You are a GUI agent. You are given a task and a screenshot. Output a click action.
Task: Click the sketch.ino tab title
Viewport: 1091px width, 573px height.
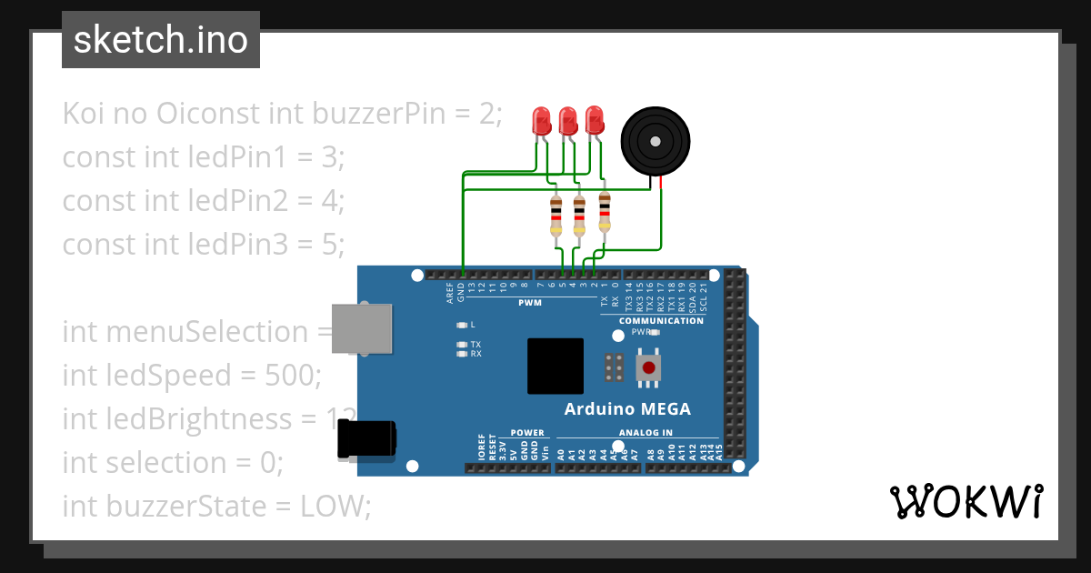click(x=161, y=40)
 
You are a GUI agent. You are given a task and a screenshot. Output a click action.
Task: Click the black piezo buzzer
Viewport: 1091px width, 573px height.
click(x=653, y=141)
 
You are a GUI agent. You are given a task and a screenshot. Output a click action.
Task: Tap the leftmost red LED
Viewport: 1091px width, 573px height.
click(x=541, y=121)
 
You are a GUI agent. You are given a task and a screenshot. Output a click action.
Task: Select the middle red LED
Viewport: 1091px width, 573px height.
click(x=567, y=121)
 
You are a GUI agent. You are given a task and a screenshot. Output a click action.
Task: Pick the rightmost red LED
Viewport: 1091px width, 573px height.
click(x=594, y=120)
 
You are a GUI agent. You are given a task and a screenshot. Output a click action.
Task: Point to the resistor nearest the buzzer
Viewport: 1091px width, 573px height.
click(x=604, y=210)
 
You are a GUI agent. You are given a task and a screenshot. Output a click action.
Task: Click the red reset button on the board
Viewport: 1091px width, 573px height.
click(x=649, y=367)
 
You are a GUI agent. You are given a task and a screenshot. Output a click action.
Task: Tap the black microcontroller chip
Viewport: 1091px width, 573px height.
click(x=555, y=366)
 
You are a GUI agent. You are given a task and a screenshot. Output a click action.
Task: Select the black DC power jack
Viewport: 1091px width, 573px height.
click(x=366, y=439)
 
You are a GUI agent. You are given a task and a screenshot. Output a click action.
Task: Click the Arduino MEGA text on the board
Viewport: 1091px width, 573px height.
click(x=627, y=409)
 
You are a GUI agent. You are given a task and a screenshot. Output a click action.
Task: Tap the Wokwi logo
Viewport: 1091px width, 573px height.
click(x=966, y=501)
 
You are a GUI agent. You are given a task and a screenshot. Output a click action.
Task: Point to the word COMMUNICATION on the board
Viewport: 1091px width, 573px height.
click(x=661, y=321)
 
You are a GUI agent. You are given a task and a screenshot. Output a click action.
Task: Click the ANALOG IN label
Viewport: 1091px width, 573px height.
click(x=646, y=433)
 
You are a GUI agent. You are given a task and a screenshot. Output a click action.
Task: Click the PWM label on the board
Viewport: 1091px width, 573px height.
click(x=530, y=303)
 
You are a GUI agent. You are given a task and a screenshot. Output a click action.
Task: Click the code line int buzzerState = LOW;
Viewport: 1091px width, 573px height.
click(x=216, y=507)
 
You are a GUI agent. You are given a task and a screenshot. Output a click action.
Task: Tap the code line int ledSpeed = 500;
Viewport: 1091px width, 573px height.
click(x=192, y=376)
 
